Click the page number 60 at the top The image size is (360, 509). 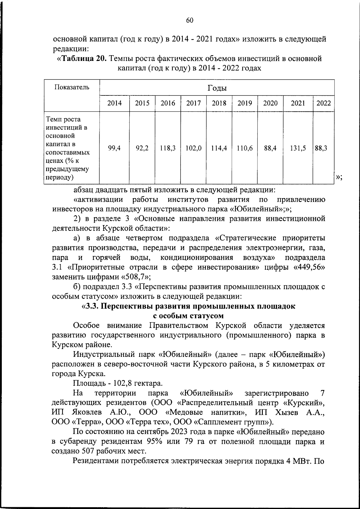(190, 20)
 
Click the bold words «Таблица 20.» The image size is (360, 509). (82, 58)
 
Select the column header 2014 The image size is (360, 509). (115, 103)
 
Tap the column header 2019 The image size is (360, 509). (245, 103)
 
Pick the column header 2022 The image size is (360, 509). (324, 103)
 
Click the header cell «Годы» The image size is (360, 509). (217, 88)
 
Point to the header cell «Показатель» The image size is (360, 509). (72, 87)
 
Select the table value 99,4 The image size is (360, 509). (115, 148)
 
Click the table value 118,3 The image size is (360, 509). (168, 148)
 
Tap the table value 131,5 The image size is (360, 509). (298, 148)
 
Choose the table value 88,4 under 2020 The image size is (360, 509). (270, 148)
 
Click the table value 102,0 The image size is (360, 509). (193, 148)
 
